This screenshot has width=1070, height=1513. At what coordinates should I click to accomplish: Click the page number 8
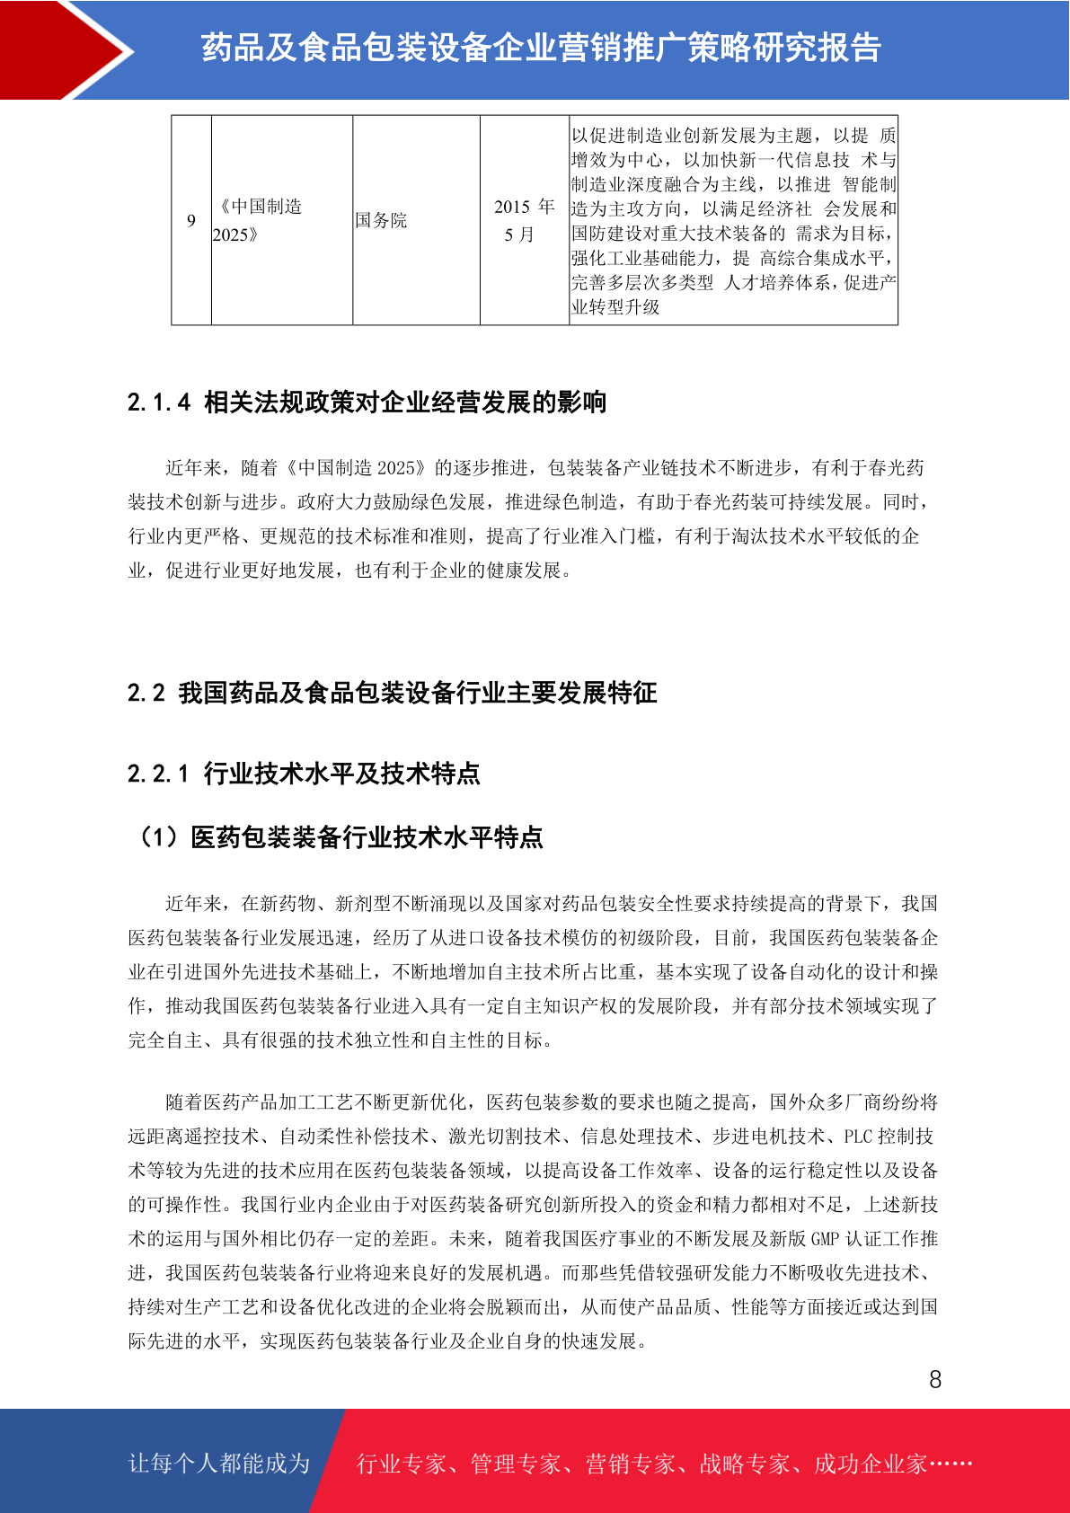click(934, 1379)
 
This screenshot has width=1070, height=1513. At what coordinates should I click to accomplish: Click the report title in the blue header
click(541, 49)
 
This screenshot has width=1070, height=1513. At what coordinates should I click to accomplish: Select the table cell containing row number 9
click(191, 220)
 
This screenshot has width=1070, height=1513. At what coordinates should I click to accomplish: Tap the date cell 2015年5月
click(524, 220)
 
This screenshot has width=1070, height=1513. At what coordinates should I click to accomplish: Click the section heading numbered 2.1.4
click(367, 403)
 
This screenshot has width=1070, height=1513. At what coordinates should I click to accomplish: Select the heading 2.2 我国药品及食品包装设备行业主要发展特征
click(392, 693)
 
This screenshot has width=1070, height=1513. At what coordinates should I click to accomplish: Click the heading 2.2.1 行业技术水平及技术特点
click(304, 774)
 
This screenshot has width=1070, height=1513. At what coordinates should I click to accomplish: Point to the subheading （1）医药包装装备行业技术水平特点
click(339, 837)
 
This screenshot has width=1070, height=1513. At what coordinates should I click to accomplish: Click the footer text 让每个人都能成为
click(219, 1464)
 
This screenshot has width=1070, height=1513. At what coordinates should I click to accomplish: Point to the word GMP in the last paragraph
click(825, 1239)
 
